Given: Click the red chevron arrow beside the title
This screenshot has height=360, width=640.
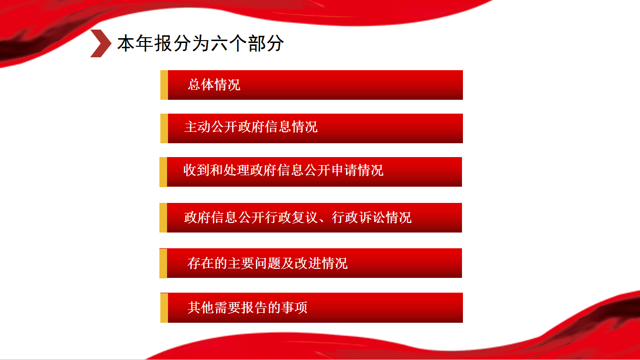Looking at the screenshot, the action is [x=101, y=43].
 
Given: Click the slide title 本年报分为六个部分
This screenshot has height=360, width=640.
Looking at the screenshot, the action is [x=200, y=43].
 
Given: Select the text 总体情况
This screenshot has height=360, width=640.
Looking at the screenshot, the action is [x=214, y=85].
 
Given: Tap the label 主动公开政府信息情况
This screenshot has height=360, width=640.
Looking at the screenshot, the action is [x=251, y=127].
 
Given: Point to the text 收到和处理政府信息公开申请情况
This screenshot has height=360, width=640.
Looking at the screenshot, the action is [x=283, y=170].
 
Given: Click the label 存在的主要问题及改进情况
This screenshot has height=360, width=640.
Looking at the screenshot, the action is [x=267, y=264].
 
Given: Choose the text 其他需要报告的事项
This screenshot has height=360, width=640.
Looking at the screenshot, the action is [x=247, y=308].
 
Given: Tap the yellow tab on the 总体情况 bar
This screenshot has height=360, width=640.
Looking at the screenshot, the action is [x=164, y=85].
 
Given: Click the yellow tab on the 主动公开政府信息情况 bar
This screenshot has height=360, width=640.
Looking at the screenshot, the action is [x=164, y=128].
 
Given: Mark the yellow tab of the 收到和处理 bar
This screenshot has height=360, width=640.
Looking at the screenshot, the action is [x=163, y=172].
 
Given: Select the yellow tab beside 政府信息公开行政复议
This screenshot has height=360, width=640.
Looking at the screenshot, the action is [x=163, y=218].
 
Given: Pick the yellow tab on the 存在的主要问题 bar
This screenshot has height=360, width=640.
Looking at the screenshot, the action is [x=163, y=264].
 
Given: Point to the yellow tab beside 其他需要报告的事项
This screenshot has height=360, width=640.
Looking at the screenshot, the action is [x=164, y=308].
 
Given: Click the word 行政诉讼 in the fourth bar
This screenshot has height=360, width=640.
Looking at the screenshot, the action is [x=358, y=218].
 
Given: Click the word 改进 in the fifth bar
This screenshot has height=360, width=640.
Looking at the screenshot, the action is [x=308, y=264].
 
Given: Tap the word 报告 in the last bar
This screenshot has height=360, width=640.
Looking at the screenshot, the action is [x=254, y=308].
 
